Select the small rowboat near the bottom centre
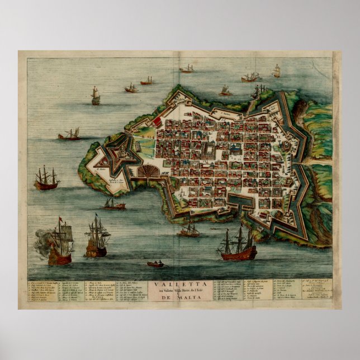click(x=155, y=263)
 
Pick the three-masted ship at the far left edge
click(x=46, y=179)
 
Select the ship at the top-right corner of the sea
click(x=276, y=71)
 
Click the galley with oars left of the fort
click(x=69, y=134)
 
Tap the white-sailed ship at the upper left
click(x=96, y=96)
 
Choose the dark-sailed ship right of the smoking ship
click(x=97, y=239)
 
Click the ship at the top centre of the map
click(x=186, y=69)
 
